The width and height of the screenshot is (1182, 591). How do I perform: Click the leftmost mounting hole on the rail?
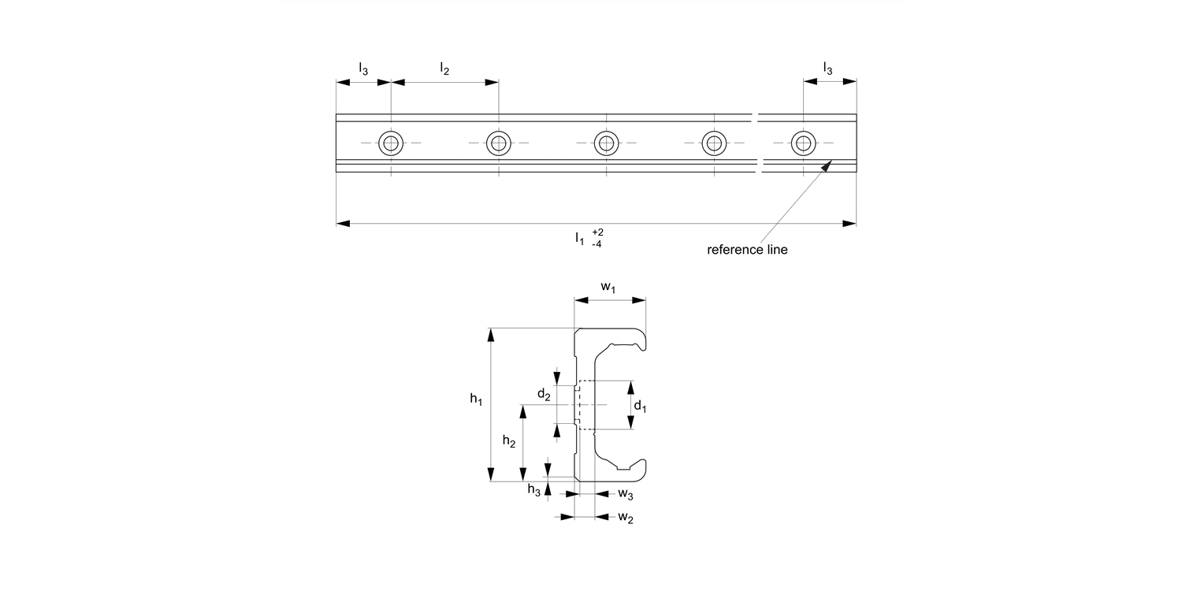[391, 143]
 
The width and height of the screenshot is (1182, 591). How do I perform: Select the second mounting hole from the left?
[498, 143]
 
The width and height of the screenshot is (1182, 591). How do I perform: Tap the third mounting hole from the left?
[606, 143]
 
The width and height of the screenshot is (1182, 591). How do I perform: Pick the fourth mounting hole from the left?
[714, 143]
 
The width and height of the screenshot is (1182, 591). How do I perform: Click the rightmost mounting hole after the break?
[804, 143]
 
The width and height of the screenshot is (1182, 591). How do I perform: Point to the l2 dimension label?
[444, 69]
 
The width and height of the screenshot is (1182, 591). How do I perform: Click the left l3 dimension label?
[362, 69]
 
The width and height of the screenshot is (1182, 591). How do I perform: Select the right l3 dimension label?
[827, 69]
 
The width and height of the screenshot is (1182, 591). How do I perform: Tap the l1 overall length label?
[580, 237]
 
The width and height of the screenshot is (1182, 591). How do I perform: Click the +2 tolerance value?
[597, 232]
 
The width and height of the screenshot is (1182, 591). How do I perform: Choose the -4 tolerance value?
[597, 244]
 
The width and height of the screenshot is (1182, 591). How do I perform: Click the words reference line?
[747, 250]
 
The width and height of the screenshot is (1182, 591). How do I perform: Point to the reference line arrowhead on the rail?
[827, 165]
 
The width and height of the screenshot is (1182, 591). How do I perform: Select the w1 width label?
[608, 287]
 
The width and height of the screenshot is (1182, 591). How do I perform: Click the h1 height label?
[476, 400]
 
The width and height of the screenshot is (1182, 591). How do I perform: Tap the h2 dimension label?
[509, 444]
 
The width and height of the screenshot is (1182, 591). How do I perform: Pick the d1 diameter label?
[640, 407]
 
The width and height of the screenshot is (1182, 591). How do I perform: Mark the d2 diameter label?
[544, 394]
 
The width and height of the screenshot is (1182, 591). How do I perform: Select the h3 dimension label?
[534, 490]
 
